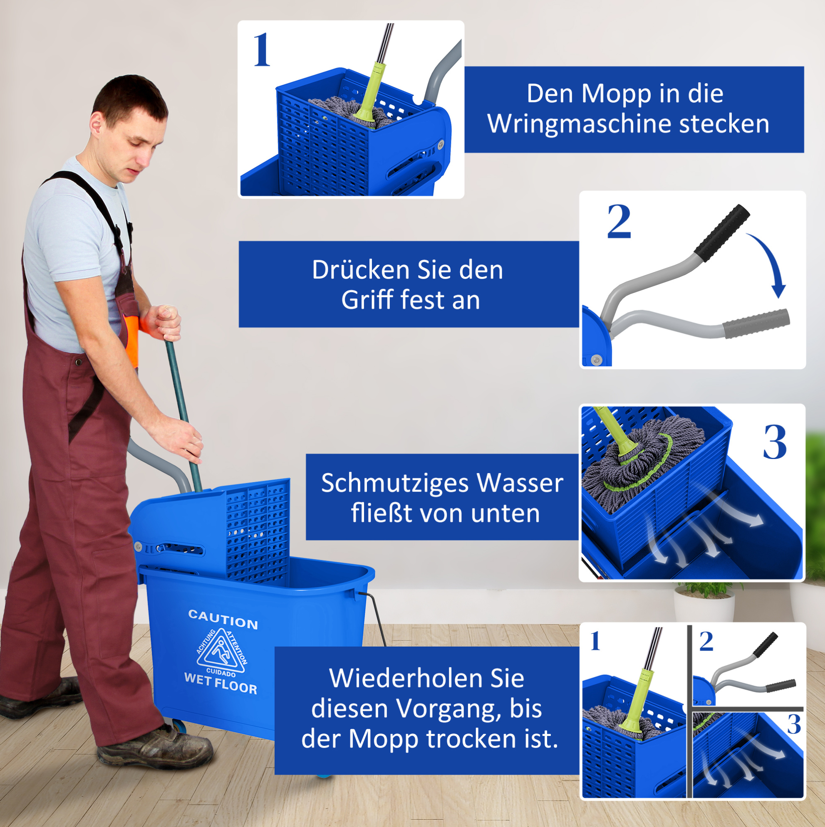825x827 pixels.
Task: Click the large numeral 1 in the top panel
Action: tap(262, 50)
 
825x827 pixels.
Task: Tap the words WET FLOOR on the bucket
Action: tap(220, 683)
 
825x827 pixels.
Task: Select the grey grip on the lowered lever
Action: tap(756, 323)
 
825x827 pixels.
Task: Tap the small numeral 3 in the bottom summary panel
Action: tap(794, 725)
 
